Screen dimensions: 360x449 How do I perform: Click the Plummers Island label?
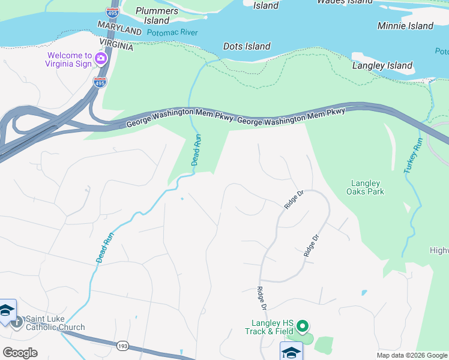tap(157, 16)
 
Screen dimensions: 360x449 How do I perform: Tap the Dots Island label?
tap(247, 46)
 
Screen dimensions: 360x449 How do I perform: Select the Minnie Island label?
tap(405, 26)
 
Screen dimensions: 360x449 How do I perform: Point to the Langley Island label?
tap(382, 65)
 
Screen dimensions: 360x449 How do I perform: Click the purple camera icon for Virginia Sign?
tap(100, 59)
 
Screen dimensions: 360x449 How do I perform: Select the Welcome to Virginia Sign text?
tap(69, 59)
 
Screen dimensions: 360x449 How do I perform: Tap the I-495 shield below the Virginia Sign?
tap(100, 82)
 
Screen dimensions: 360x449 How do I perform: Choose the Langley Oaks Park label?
tap(365, 187)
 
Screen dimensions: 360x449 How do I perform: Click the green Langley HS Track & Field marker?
tap(303, 327)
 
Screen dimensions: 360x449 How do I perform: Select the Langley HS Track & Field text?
tap(268, 327)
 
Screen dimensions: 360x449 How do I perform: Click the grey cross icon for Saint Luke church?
tap(16, 322)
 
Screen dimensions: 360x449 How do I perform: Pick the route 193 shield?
tap(122, 346)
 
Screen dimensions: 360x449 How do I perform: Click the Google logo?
tap(20, 352)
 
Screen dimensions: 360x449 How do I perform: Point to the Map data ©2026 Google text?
tap(412, 355)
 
